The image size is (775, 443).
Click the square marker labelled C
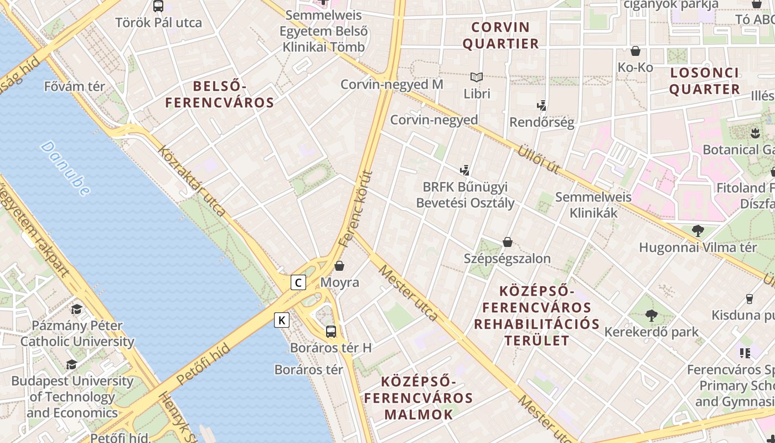click(x=298, y=282)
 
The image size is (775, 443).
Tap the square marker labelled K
click(x=282, y=320)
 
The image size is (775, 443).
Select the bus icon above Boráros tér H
click(x=331, y=332)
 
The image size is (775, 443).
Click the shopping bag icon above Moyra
click(x=339, y=266)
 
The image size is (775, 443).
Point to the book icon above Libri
click(x=477, y=78)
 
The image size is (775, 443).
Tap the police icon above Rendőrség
click(x=542, y=105)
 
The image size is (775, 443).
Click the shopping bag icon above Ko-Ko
click(x=635, y=51)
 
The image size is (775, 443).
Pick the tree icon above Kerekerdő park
click(x=651, y=316)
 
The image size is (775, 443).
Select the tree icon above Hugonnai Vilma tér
click(x=697, y=230)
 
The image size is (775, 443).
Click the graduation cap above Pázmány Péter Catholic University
click(x=77, y=309)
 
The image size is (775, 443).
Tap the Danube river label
click(x=65, y=168)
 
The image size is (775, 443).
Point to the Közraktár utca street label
click(x=191, y=181)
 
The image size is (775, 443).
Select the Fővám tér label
click(x=75, y=86)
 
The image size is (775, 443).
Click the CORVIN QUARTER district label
click(x=500, y=35)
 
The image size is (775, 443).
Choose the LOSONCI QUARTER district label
click(x=704, y=81)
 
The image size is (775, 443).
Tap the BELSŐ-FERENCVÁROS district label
click(x=220, y=94)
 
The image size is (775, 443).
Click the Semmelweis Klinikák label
click(x=593, y=205)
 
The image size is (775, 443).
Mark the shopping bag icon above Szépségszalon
click(x=507, y=242)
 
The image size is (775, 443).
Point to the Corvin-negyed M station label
click(x=392, y=84)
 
